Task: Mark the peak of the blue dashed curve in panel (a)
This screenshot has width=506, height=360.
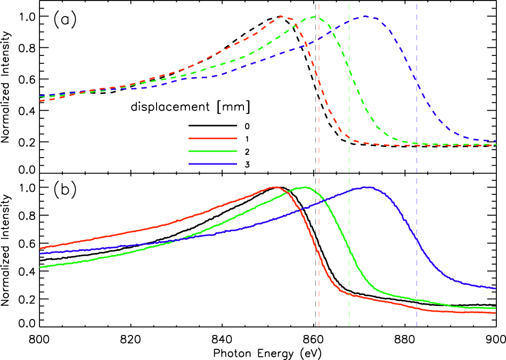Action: pos(365,16)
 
